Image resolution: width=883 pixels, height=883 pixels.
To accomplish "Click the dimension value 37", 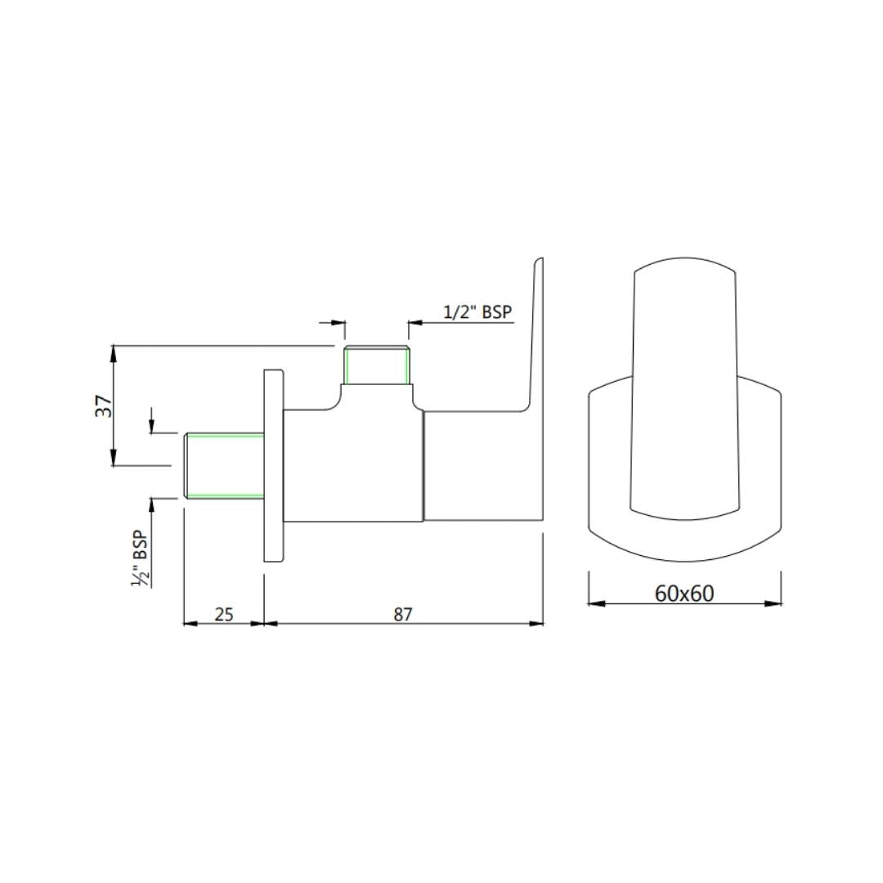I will pyautogui.click(x=103, y=406).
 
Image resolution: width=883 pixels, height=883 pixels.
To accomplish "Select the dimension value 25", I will pyautogui.click(x=223, y=614).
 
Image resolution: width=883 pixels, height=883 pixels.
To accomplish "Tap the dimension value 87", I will pyautogui.click(x=403, y=614).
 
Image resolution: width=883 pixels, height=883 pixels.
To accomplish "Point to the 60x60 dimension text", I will pyautogui.click(x=684, y=593).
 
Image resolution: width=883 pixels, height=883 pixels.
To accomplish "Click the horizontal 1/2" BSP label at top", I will pyautogui.click(x=478, y=312).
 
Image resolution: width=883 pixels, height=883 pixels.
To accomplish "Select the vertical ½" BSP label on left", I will pyautogui.click(x=141, y=558).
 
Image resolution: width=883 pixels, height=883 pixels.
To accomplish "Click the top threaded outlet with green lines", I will pyautogui.click(x=376, y=365).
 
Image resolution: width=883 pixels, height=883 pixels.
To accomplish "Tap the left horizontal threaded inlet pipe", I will pyautogui.click(x=225, y=465).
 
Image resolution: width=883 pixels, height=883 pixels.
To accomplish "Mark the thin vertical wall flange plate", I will pyautogui.click(x=274, y=466).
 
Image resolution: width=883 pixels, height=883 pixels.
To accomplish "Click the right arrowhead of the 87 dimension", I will pyautogui.click(x=537, y=623).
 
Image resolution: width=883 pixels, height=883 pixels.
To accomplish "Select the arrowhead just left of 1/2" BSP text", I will pyautogui.click(x=414, y=323).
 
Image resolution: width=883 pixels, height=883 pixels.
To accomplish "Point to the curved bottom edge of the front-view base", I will pyautogui.click(x=684, y=561).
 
